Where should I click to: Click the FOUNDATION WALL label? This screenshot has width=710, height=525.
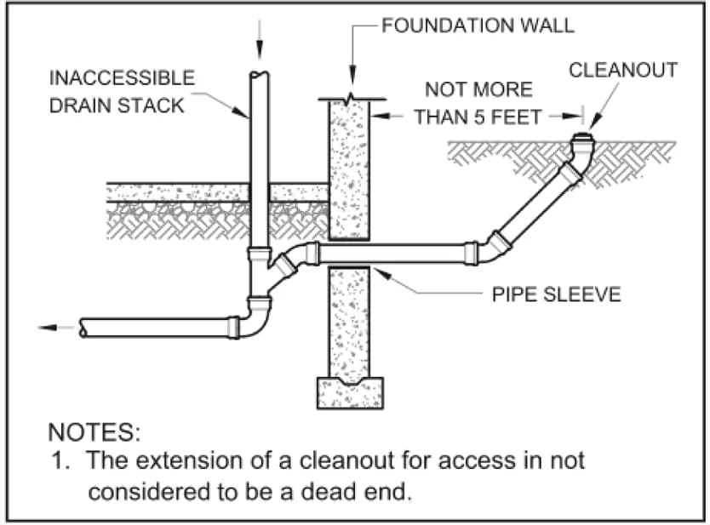coord(478,26)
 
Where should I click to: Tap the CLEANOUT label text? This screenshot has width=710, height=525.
coord(623,70)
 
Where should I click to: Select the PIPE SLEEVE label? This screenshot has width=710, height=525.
coord(557,294)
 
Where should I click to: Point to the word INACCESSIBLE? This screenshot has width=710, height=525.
coord(122,77)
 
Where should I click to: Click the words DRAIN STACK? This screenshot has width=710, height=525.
coord(117,106)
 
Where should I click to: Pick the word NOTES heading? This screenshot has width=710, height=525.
coord(94,431)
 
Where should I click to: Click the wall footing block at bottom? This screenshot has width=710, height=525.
coord(350,393)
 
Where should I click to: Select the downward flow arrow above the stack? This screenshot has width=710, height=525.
coord(260,40)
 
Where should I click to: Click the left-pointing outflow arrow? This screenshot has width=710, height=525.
coord(55,328)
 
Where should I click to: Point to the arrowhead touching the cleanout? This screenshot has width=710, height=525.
coord(594,123)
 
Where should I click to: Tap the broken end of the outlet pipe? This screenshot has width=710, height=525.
coord(83,328)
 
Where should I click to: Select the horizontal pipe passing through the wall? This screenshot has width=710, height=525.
coord(392,254)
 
